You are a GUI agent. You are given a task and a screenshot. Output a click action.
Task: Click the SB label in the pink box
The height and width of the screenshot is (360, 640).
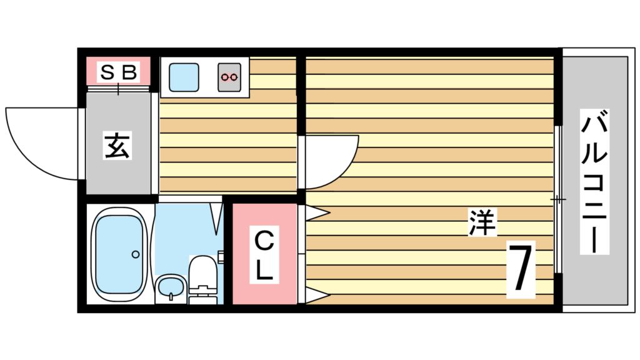click(118, 72)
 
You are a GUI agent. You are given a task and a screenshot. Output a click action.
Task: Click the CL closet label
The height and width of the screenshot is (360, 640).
click(264, 254)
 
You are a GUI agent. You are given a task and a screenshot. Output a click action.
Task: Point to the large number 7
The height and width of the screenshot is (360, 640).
click(521, 270)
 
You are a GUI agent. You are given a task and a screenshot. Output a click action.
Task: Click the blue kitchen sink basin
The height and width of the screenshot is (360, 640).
click(184, 76)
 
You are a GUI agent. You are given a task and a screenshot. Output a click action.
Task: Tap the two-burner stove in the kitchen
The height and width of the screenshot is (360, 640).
click(229, 77)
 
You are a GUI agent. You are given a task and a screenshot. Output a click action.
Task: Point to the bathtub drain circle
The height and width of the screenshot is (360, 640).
click(135, 254)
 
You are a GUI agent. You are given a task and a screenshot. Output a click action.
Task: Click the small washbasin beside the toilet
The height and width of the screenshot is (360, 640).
click(170, 288)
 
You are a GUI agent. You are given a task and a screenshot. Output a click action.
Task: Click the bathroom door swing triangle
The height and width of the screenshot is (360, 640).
click(216, 216)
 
